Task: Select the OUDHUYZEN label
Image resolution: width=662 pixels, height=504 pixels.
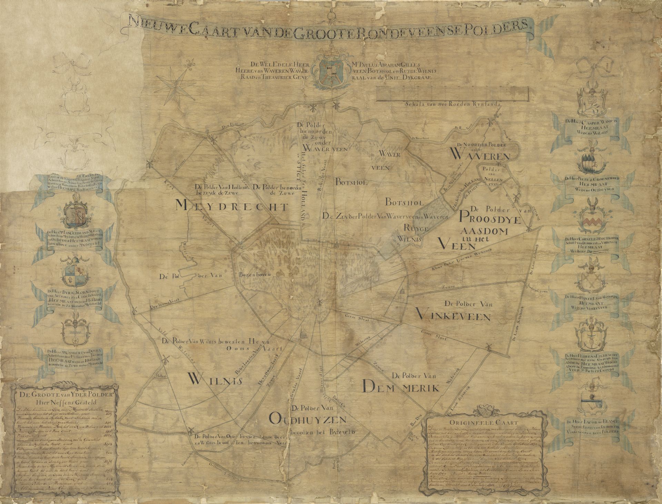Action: coord(308,421)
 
